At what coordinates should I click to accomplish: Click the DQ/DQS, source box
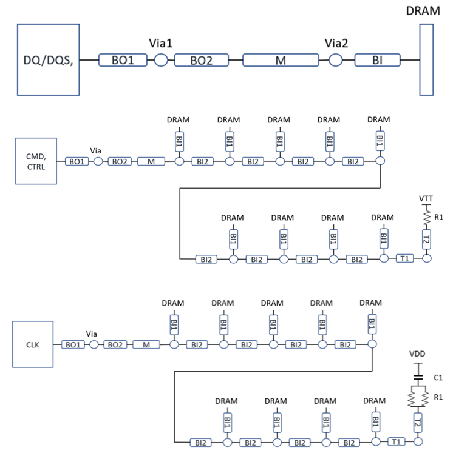(x=49, y=59)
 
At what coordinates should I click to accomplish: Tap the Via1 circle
(x=161, y=60)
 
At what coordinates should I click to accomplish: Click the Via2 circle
(x=335, y=60)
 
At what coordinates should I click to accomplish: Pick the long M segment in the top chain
(x=281, y=60)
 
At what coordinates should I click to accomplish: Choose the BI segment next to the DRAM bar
(x=378, y=60)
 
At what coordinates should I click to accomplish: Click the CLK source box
(x=33, y=344)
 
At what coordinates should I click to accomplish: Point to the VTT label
(x=426, y=199)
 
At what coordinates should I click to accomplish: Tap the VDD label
(x=418, y=354)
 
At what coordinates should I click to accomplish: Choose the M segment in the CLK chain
(x=146, y=344)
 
